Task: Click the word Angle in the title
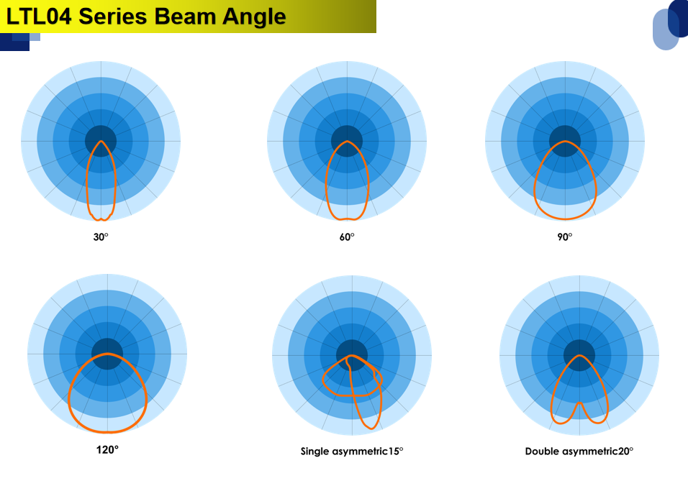coord(254,18)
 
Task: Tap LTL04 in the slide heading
coord(39,17)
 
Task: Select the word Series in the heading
coord(113,17)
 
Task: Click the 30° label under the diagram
coord(101,237)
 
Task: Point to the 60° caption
coord(347,237)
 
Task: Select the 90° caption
coord(565,237)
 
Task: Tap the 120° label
coord(107,450)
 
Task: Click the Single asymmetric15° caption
coord(352,451)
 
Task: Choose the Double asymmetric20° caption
coord(579,451)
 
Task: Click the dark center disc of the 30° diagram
coord(101,141)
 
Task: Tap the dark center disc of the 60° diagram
coord(347,141)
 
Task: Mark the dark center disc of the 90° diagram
coord(565,141)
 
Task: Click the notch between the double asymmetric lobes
coord(579,403)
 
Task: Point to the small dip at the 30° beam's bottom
coord(101,219)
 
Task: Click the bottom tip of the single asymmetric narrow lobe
coord(371,428)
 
